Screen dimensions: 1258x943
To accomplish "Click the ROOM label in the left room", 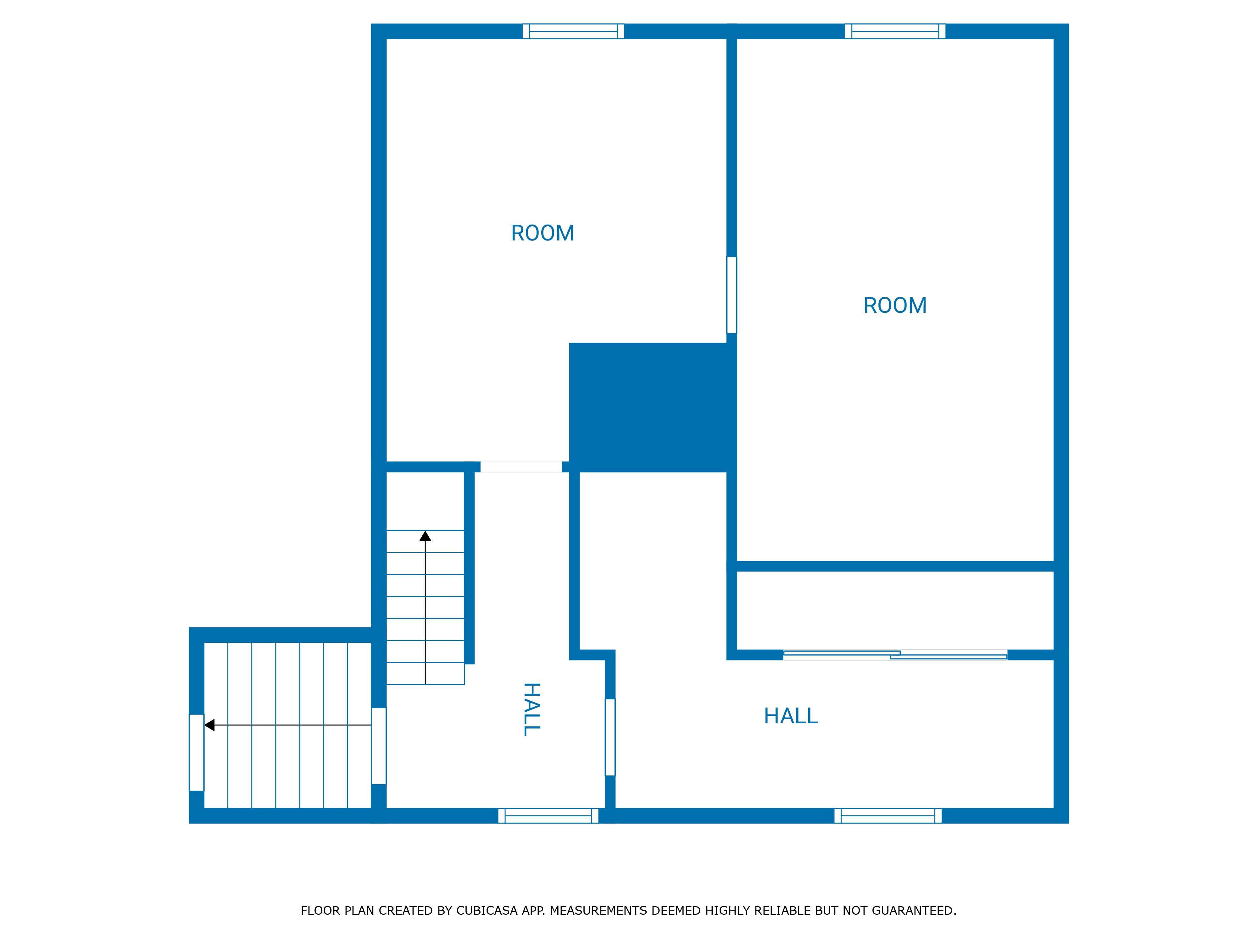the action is tap(543, 233).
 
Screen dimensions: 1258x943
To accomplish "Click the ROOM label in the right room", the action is tap(895, 305).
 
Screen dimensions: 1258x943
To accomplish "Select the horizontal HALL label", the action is tap(791, 716).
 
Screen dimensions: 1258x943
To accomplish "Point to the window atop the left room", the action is tap(573, 31).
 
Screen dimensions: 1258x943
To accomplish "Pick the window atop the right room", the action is tap(895, 31).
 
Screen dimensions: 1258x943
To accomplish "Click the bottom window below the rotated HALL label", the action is tap(548, 816).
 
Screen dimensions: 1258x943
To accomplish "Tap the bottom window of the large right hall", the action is tap(888, 816).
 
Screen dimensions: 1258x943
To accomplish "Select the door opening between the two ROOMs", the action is tap(732, 295).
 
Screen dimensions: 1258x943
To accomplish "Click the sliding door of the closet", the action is tap(895, 655).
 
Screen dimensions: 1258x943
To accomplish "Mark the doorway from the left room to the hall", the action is tap(521, 467).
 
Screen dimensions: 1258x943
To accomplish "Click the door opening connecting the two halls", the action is tap(610, 737).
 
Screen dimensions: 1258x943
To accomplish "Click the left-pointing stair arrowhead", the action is tap(209, 725).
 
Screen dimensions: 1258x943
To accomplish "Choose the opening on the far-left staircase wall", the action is tap(196, 753).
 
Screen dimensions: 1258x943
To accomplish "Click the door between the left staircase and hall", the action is tap(379, 746).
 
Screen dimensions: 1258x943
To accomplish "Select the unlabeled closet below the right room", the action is tap(895, 610).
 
